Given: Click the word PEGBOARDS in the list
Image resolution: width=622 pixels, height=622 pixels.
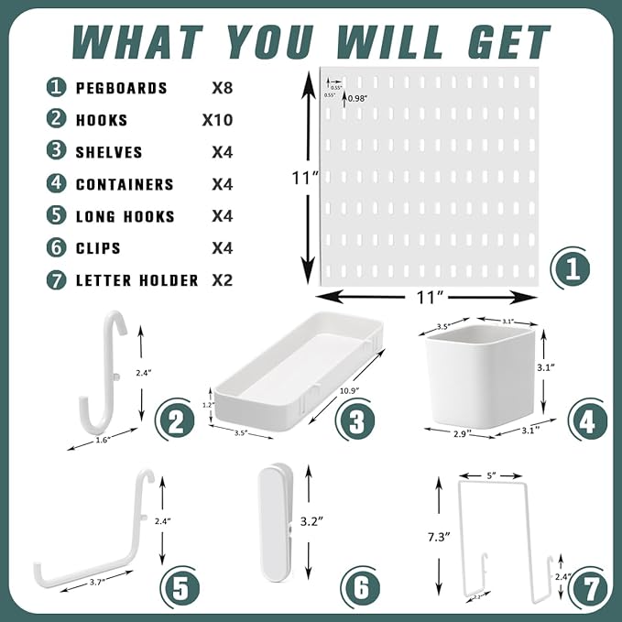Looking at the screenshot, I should tap(122, 88).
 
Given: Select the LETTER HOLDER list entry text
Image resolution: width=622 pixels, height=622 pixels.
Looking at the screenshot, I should tap(136, 280).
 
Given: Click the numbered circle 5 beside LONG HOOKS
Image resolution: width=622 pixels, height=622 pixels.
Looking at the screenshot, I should tap(58, 216).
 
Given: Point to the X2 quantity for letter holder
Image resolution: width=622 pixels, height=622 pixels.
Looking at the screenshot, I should tap(222, 280).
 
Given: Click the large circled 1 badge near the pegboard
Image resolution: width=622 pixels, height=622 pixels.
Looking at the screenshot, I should tap(570, 269).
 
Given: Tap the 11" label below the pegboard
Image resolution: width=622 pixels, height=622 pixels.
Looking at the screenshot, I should tap(431, 297).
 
